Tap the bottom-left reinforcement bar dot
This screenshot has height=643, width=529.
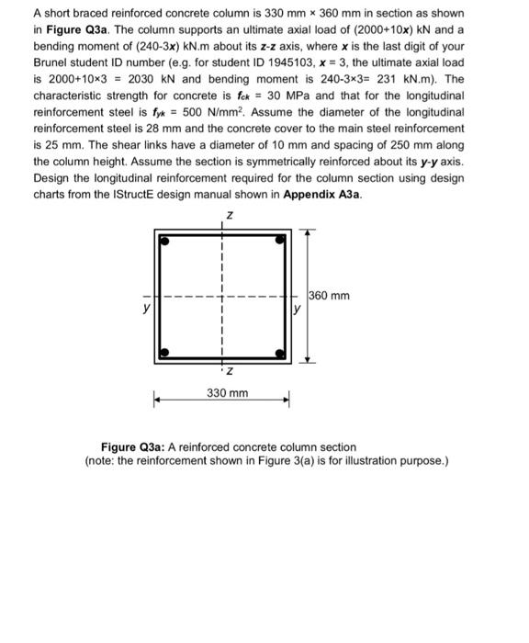coord(165,352)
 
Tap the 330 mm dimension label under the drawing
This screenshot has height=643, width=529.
coord(226,393)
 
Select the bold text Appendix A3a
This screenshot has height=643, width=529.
coord(322,195)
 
